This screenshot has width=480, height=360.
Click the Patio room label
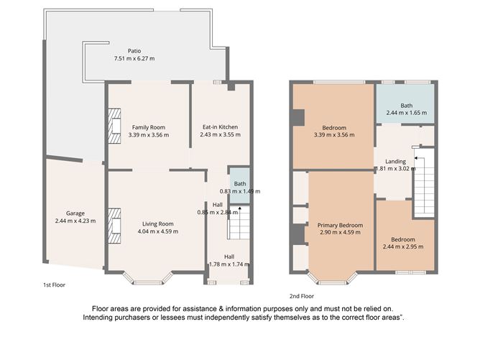[x=134, y=51]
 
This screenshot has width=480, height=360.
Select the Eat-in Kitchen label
[x=219, y=127]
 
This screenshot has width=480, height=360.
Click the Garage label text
[x=75, y=213]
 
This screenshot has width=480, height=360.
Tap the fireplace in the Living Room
[x=114, y=222]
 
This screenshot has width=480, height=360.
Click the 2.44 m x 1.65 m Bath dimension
[x=406, y=113]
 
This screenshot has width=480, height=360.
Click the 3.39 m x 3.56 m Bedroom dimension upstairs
[x=334, y=134]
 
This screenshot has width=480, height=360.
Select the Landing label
[x=395, y=162]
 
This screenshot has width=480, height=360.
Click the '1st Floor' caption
[x=54, y=285]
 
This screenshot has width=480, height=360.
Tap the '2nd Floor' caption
[x=301, y=295]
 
